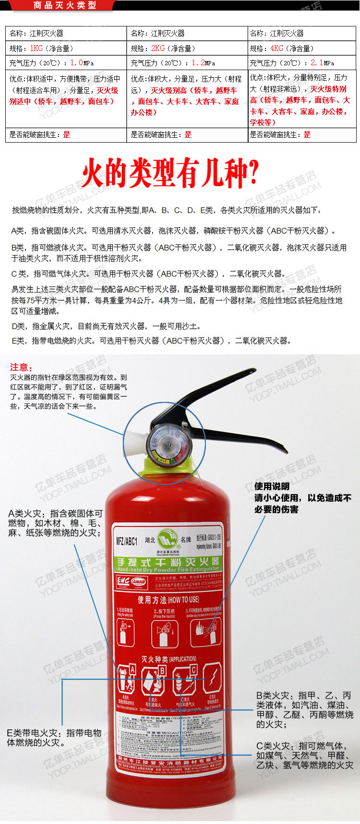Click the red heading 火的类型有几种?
point(170,172)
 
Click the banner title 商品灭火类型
point(65,5)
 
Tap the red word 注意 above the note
point(21,367)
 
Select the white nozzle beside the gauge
point(134,439)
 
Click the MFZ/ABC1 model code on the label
point(127,541)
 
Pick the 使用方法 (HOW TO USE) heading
point(168,599)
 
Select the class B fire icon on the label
point(154,679)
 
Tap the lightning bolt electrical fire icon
point(212,679)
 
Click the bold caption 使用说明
point(272,486)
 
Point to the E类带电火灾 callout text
point(54,738)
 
